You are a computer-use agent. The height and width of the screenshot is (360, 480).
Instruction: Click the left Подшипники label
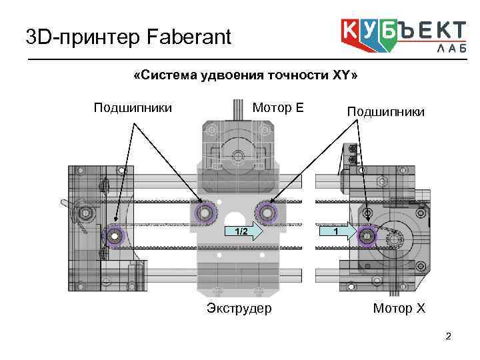[133, 108]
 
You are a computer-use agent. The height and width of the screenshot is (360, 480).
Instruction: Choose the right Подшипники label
[385, 111]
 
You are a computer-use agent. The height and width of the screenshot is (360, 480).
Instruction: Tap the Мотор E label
[277, 108]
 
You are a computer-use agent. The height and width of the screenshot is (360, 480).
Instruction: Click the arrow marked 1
[338, 232]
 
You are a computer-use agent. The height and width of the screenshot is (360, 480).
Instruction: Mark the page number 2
[449, 336]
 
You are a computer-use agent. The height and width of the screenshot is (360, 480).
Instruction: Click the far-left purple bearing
[115, 235]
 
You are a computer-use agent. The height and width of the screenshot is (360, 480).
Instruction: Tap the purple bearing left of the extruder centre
[205, 213]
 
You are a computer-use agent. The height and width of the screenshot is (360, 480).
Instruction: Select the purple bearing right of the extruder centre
[267, 213]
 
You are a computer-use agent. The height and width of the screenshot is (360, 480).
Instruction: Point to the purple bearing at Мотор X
[366, 235]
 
